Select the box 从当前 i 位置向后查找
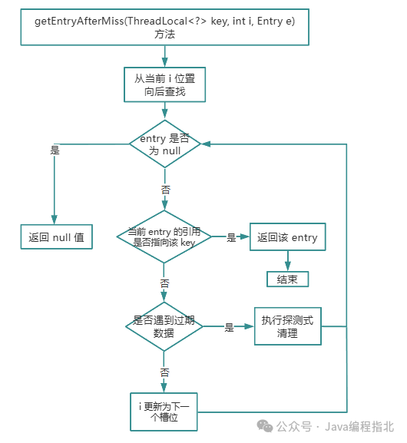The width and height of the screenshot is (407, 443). point(165,84)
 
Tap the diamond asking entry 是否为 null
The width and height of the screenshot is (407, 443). point(164,144)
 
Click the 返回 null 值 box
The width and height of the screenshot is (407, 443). point(56,238)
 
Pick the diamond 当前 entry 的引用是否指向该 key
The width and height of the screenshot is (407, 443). point(164,237)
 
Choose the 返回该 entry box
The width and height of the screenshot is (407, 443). point(287,238)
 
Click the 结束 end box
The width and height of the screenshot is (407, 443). point(287,279)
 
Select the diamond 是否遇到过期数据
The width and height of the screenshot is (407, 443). point(164,326)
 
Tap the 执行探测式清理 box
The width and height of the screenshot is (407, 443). point(287,326)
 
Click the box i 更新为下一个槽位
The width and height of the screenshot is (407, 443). point(164,412)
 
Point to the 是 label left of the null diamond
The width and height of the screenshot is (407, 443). point(55,150)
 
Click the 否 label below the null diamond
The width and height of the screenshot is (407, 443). point(164,189)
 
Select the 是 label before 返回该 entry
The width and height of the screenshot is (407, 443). point(231,238)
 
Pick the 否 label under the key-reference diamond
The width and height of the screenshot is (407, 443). point(164,283)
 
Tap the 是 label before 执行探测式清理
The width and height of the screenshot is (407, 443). point(229,327)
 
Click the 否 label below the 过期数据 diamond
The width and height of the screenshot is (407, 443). point(164,372)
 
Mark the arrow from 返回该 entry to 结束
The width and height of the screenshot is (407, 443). point(287,261)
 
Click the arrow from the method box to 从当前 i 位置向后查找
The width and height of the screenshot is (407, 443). point(164,55)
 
